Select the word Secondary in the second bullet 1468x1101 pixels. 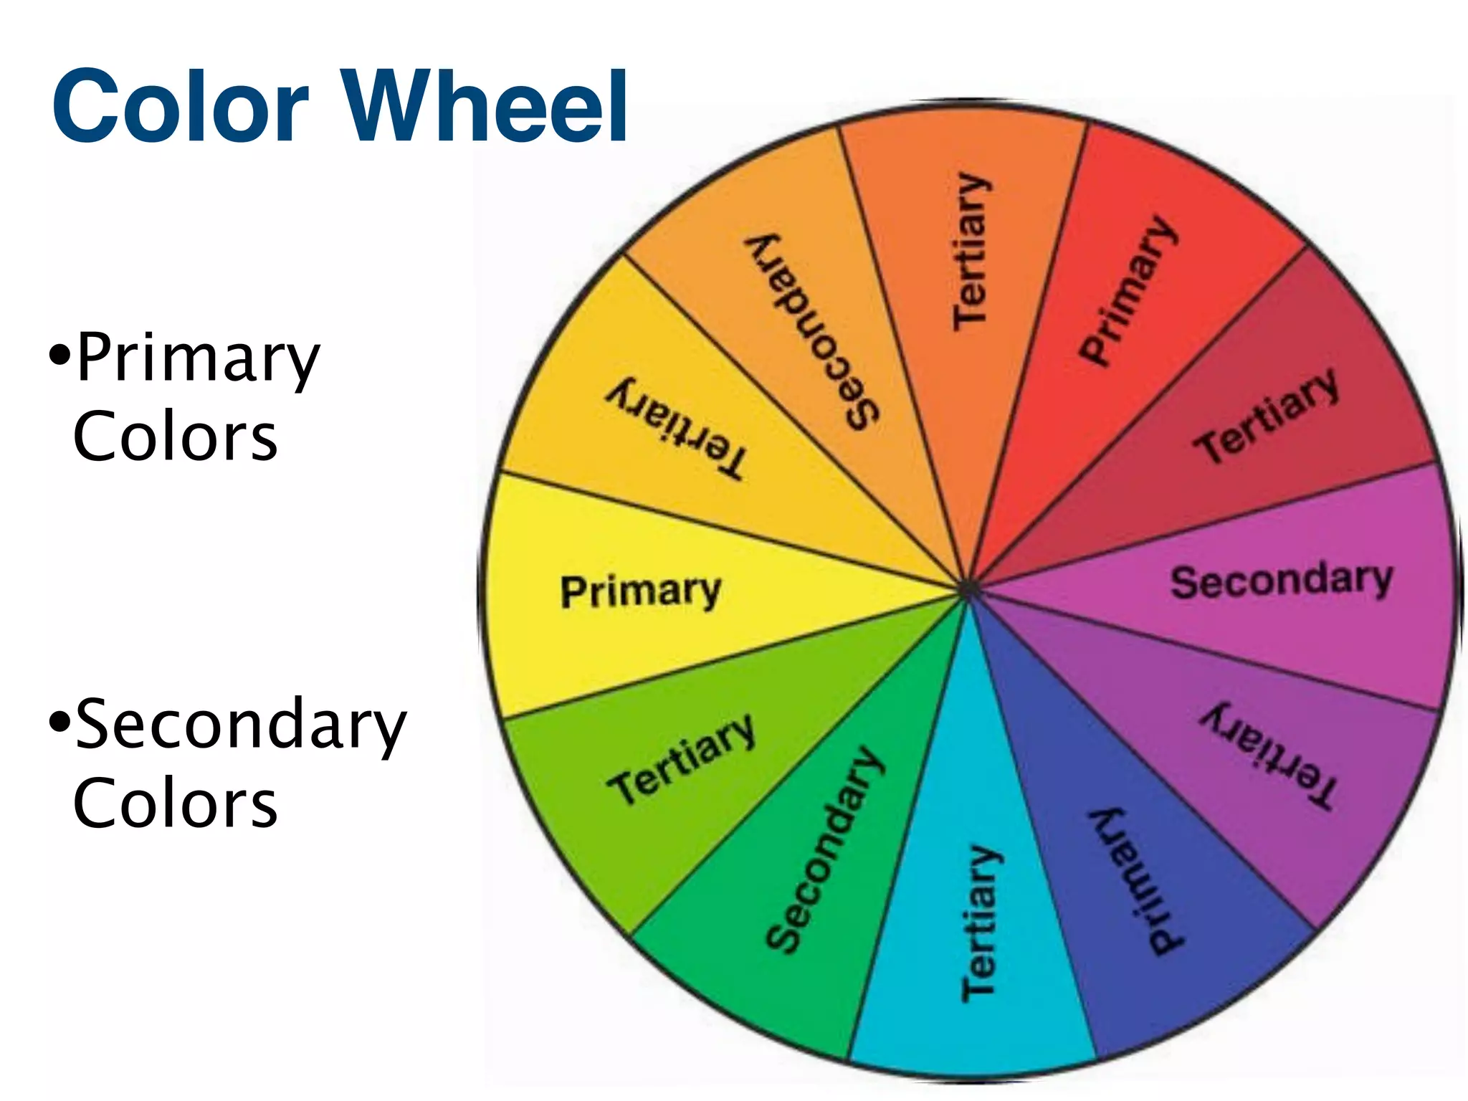tap(241, 725)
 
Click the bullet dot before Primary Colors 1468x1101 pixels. tap(60, 353)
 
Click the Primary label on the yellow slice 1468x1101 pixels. tap(640, 591)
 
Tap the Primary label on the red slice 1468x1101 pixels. tap(1127, 290)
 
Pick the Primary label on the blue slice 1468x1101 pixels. tap(1136, 882)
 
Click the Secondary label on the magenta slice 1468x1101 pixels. tap(1281, 581)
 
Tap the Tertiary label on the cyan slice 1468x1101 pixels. tap(979, 925)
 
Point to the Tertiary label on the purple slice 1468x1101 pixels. tap(1269, 756)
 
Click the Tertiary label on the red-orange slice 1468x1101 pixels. tap(971, 251)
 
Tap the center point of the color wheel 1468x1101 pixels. tap(968, 589)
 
